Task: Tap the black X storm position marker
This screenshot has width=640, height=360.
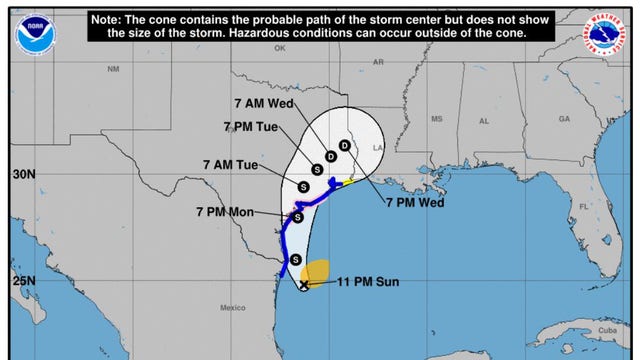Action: [x=304, y=285]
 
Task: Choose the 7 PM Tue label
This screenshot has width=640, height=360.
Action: [x=250, y=126]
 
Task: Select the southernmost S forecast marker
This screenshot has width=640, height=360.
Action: [x=296, y=260]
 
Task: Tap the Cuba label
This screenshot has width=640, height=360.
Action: [x=606, y=329]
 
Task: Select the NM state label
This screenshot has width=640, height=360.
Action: [x=112, y=70]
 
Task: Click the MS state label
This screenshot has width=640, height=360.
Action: [x=436, y=119]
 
